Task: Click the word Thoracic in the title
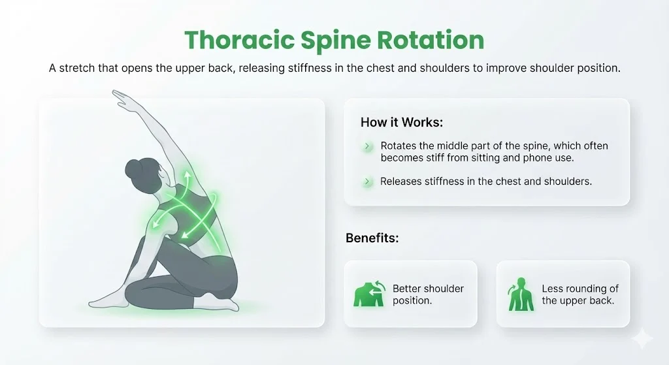239,40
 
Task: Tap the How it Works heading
400,123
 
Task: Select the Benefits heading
372,238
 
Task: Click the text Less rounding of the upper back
579,294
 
